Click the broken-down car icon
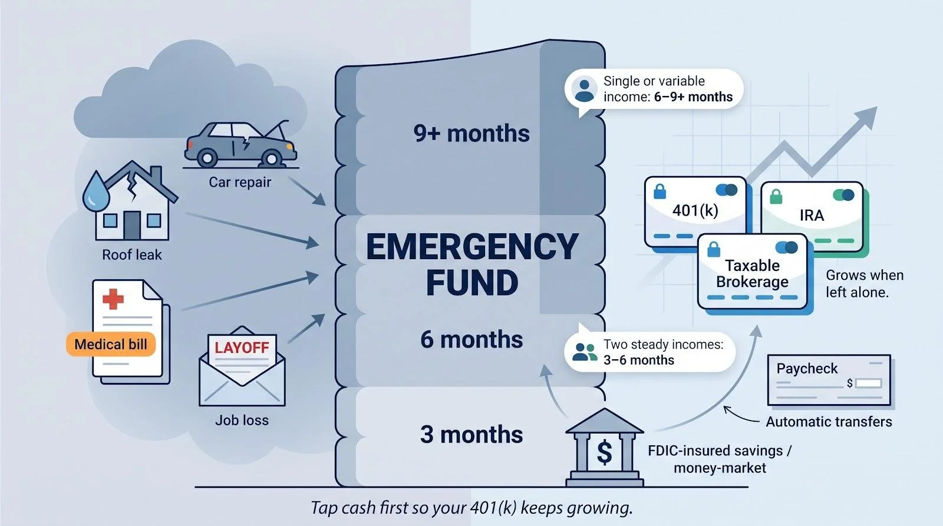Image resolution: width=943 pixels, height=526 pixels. click(240, 144)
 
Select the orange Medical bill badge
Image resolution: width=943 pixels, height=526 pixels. click(111, 344)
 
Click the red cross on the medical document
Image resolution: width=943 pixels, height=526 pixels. click(113, 299)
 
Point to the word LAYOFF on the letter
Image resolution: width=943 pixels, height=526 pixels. click(242, 348)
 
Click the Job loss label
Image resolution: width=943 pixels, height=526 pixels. click(242, 420)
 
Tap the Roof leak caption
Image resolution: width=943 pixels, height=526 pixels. click(132, 254)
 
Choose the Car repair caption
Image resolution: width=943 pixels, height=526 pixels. click(240, 182)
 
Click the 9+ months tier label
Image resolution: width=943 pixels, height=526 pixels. click(471, 133)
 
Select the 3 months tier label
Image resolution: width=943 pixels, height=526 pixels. click(471, 434)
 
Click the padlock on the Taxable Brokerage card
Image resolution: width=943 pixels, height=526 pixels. click(714, 250)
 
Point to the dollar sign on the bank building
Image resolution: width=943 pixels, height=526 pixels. click(605, 453)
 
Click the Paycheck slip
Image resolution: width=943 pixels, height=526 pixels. click(829, 380)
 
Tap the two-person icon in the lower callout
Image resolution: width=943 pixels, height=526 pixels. click(585, 352)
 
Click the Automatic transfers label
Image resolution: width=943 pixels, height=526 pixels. click(829, 422)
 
